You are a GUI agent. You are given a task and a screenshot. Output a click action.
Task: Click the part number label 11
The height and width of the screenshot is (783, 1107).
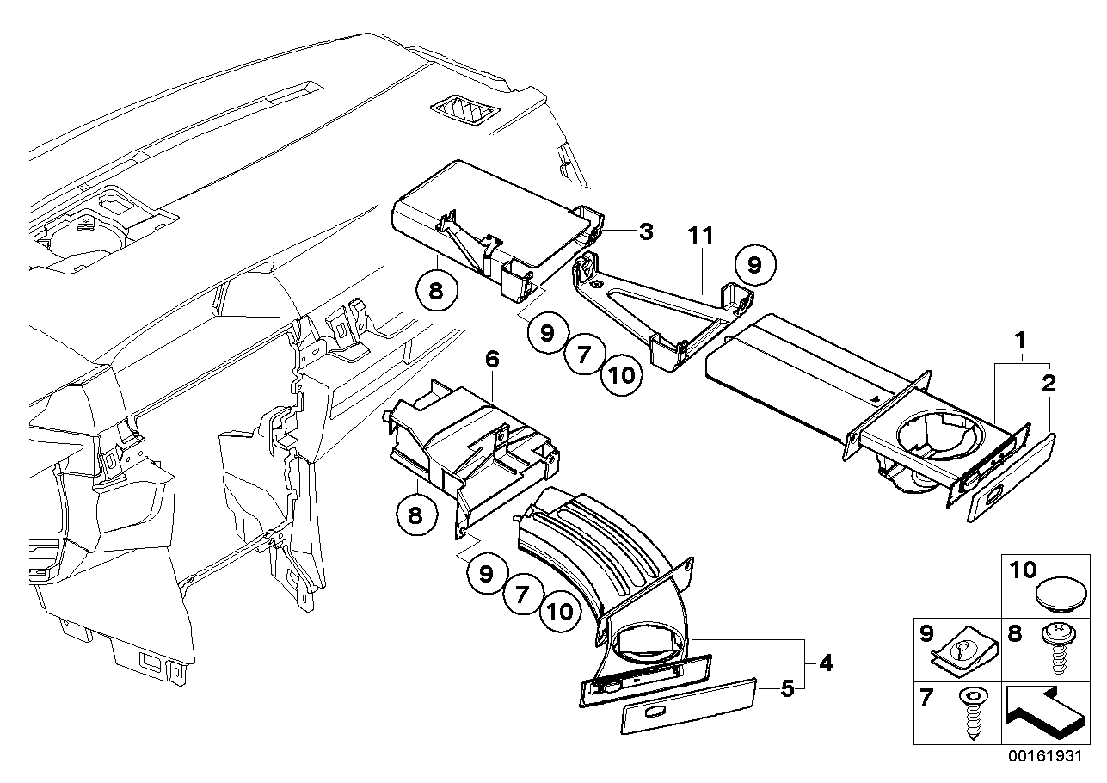click(702, 236)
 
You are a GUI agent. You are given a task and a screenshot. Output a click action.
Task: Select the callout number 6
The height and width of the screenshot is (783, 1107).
click(491, 360)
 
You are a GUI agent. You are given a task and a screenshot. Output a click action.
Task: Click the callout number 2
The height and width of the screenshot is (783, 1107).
click(1049, 384)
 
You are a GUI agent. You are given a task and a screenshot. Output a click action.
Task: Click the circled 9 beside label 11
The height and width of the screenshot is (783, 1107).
click(753, 266)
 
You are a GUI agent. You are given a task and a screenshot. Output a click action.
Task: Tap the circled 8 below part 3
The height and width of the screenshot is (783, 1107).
click(436, 290)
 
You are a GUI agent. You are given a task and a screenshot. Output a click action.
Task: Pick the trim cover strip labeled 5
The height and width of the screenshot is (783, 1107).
click(689, 705)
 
